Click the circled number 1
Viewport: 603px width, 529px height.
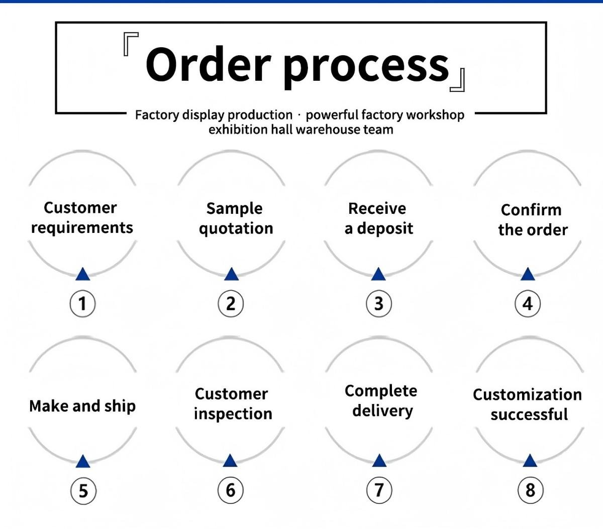click(82, 304)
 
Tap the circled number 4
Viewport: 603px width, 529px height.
click(528, 304)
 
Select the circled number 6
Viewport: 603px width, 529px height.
click(231, 490)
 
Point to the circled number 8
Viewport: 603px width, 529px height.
click(530, 490)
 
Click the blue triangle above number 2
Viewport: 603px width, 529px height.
click(231, 274)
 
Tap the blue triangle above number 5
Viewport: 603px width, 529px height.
click(82, 461)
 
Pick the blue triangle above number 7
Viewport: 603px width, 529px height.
click(379, 461)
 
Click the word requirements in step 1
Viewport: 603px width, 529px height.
click(82, 228)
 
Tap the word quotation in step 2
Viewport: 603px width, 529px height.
click(236, 229)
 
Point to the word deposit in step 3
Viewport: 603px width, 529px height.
click(385, 229)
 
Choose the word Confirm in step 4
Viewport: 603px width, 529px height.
click(531, 210)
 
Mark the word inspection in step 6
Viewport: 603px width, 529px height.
click(233, 414)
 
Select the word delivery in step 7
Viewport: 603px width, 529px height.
click(382, 411)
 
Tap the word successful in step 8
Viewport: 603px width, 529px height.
click(529, 415)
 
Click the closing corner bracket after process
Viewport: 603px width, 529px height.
click(458, 81)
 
